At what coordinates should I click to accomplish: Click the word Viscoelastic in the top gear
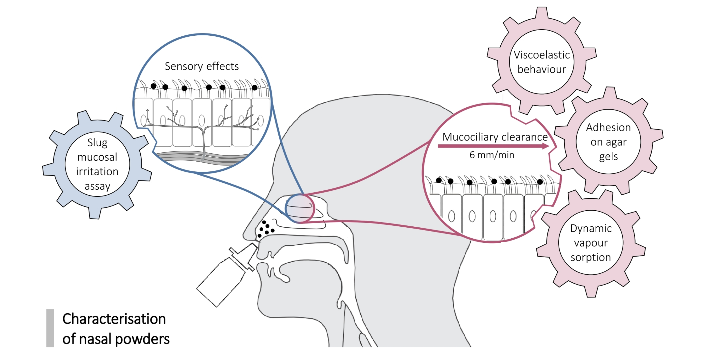click(541, 55)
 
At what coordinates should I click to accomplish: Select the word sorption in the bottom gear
click(591, 257)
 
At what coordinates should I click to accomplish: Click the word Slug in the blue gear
click(97, 143)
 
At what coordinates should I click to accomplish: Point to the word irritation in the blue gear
click(97, 172)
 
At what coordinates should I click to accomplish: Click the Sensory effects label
click(201, 66)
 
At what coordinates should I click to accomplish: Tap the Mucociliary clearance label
click(495, 137)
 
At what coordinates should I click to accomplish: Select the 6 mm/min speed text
click(492, 155)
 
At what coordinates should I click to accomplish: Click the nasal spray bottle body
click(220, 283)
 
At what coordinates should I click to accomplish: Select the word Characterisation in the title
click(114, 319)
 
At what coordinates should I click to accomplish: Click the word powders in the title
click(142, 339)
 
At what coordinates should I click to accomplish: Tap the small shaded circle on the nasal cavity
click(300, 208)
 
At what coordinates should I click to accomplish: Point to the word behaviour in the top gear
click(541, 70)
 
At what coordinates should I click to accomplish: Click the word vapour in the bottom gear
click(591, 243)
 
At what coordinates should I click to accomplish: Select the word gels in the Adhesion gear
click(608, 157)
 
